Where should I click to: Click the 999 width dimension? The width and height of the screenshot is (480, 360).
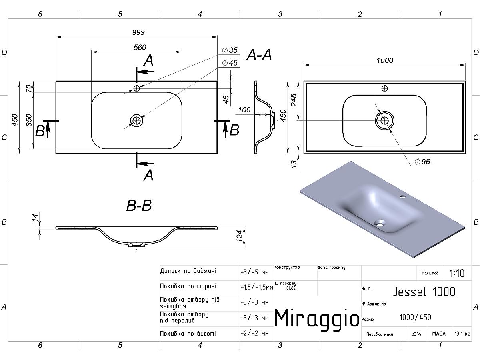[138, 32]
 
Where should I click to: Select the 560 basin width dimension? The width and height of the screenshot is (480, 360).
[140, 48]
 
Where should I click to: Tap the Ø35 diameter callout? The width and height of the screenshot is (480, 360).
[230, 50]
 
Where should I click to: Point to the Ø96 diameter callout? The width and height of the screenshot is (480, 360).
[422, 162]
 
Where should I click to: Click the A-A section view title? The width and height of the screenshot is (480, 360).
[259, 55]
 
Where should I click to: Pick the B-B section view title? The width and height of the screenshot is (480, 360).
[139, 206]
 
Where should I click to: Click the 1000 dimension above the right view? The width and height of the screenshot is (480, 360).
[385, 60]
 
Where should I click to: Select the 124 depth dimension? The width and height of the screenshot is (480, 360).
[240, 236]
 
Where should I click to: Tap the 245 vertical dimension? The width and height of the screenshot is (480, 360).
[294, 100]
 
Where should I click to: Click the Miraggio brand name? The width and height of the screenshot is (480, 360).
[317, 318]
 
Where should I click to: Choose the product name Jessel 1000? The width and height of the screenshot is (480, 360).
[424, 292]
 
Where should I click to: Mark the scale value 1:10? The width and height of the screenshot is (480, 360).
[457, 273]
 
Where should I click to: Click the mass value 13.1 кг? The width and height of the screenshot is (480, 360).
[462, 334]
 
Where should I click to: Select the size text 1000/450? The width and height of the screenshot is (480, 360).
[415, 317]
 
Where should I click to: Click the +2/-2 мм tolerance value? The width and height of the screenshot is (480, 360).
[254, 334]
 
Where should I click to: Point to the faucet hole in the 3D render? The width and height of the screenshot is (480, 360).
[402, 197]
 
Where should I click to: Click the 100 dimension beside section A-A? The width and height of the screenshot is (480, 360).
[244, 110]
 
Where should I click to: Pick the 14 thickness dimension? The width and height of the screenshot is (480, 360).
[35, 218]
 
